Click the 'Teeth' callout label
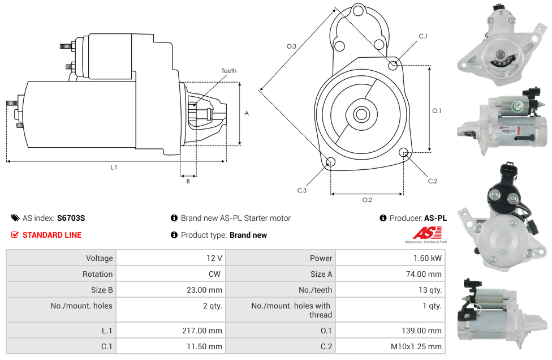point(228,71)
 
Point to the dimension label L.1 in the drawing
point(114,167)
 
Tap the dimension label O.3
point(291,46)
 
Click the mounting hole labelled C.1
point(393,66)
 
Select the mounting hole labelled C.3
point(331,163)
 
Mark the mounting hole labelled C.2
point(404,152)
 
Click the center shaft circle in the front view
point(361,114)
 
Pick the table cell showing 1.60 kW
point(428,258)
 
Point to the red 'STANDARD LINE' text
point(52,235)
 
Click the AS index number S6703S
point(71,218)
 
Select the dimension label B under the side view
point(188,181)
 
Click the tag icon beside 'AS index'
point(15,218)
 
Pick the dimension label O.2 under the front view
point(366,200)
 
